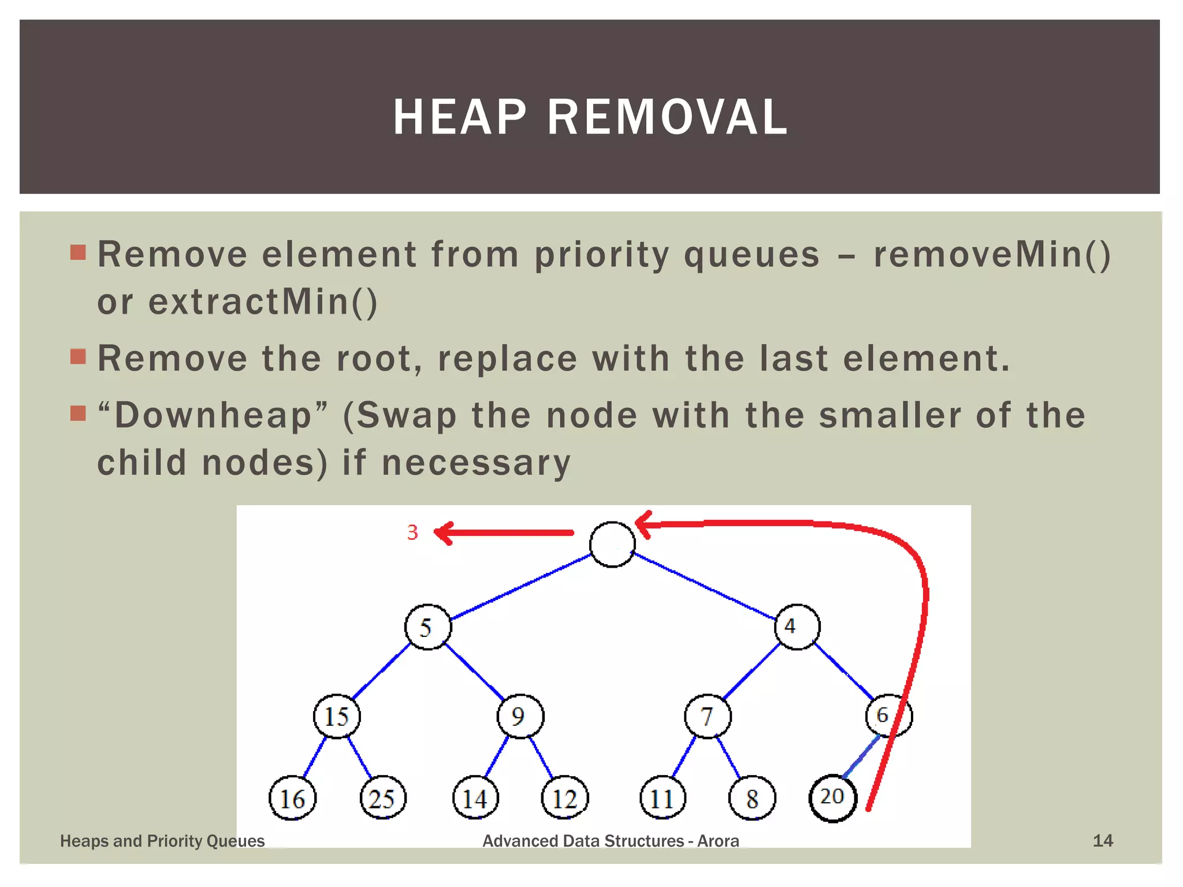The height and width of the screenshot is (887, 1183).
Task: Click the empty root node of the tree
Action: [612, 545]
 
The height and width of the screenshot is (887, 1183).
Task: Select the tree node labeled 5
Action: [427, 627]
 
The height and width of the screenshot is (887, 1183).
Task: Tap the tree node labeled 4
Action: [797, 627]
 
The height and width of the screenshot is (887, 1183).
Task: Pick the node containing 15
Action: [337, 717]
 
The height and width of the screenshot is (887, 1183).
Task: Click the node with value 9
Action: [520, 717]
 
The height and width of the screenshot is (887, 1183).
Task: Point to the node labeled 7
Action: [708, 717]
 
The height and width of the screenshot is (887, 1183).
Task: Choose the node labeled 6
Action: [888, 715]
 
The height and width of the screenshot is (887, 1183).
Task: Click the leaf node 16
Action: [292, 799]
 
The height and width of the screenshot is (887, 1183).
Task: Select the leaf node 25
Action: [383, 799]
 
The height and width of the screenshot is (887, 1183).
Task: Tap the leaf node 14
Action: [475, 799]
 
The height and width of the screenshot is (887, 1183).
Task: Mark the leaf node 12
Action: [564, 799]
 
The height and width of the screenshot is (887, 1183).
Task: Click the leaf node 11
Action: [663, 799]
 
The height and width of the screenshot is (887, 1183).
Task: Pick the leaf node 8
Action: [752, 799]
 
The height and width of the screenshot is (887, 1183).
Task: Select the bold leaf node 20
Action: [832, 797]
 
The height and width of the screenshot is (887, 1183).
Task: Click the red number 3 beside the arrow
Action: [412, 532]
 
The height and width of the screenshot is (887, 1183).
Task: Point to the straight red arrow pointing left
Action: [503, 533]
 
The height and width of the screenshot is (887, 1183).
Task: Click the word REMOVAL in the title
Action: [667, 117]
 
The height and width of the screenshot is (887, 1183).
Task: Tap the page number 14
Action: [1102, 841]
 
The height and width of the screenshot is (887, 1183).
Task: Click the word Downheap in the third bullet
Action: [213, 415]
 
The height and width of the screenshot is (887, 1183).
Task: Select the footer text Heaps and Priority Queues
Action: [162, 841]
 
